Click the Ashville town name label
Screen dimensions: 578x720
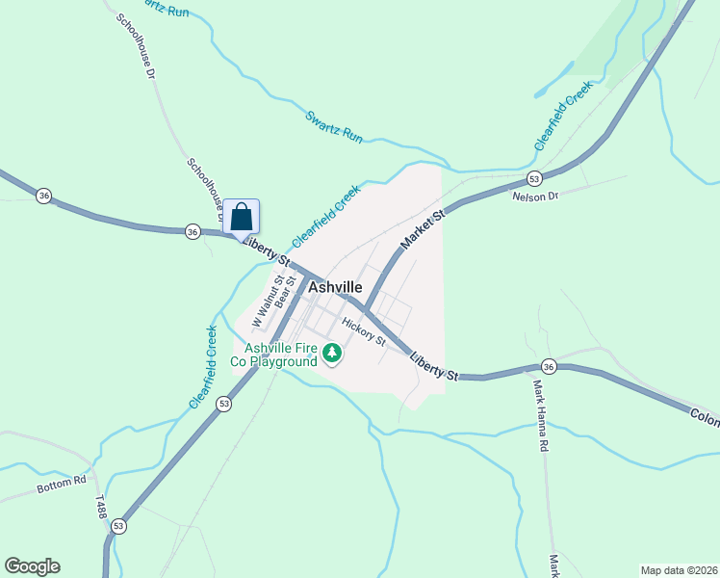click(335, 287)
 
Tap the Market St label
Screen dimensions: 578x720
click(423, 232)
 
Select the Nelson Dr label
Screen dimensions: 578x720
click(535, 197)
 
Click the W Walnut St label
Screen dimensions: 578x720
click(262, 301)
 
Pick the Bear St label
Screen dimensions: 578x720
click(282, 292)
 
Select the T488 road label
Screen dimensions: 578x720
click(100, 507)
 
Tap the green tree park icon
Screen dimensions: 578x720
click(332, 354)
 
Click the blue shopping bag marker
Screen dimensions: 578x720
click(242, 217)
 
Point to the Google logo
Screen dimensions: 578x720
click(32, 566)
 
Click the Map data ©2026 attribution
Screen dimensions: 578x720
click(679, 570)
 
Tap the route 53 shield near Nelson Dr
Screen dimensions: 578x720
click(534, 179)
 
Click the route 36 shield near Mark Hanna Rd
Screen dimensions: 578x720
click(549, 366)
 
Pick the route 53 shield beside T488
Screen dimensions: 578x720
click(118, 526)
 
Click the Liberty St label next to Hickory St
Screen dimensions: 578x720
click(432, 366)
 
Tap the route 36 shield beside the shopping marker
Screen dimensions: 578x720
click(193, 231)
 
